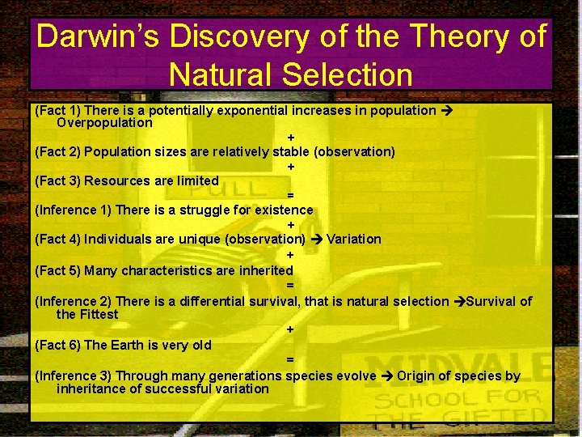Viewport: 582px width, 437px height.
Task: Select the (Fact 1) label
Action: pyautogui.click(x=57, y=110)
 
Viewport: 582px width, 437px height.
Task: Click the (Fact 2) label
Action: pyautogui.click(x=57, y=151)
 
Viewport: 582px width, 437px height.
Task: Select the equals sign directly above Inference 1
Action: pyautogui.click(x=290, y=195)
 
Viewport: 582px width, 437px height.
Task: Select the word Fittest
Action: pyautogui.click(x=99, y=314)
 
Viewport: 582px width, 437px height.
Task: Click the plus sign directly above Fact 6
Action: pyautogui.click(x=290, y=329)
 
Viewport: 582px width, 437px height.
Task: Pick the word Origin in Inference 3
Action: pyautogui.click(x=417, y=375)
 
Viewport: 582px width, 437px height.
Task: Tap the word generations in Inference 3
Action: pyautogui.click(x=245, y=375)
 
